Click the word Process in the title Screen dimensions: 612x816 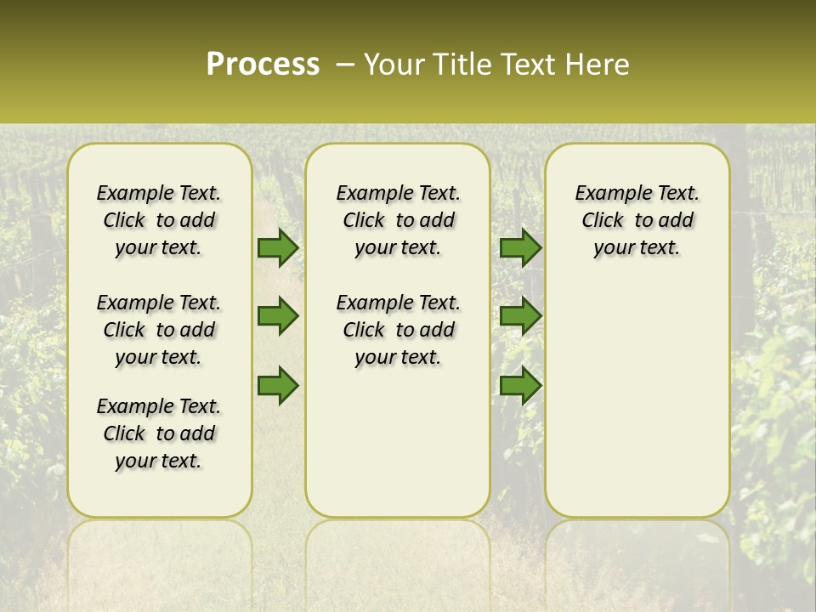pos(263,65)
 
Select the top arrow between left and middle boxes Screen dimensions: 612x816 pos(277,247)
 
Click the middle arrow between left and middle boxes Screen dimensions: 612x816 pos(277,316)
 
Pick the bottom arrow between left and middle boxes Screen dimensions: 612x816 pos(277,386)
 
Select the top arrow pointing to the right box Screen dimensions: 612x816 pos(520,247)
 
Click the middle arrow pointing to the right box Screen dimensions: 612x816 pos(520,316)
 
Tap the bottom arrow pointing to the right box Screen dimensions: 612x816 pos(520,386)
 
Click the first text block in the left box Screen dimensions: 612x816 pos(159,220)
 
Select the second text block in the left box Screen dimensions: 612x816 pos(159,330)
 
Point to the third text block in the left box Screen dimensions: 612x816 pos(159,433)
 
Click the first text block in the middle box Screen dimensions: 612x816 pos(398,220)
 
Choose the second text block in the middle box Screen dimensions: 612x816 pos(398,330)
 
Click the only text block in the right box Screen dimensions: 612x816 pos(637,220)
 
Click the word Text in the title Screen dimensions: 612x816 pos(527,65)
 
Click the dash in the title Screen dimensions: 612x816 pos(345,65)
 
